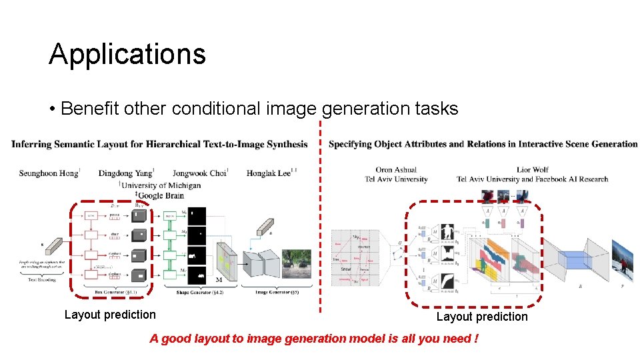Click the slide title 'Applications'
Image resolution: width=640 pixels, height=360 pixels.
tap(127, 54)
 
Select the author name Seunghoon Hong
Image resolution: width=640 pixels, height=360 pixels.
tap(49, 173)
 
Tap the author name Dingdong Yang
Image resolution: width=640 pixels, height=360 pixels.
tap(127, 173)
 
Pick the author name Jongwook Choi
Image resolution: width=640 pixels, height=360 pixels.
tap(200, 173)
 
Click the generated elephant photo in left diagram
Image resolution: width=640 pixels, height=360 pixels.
tap(297, 263)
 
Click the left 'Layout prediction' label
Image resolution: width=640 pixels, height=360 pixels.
tap(110, 315)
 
